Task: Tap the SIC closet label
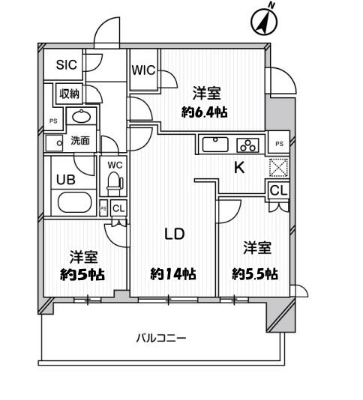click(x=67, y=65)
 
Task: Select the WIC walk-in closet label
click(x=142, y=70)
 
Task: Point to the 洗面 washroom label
click(x=80, y=140)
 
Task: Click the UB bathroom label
click(x=64, y=179)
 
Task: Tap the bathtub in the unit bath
click(x=73, y=202)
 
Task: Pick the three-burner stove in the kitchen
click(x=247, y=145)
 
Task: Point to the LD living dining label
click(x=174, y=233)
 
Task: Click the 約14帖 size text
click(x=173, y=274)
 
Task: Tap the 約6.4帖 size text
click(x=205, y=112)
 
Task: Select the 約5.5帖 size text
click(x=255, y=274)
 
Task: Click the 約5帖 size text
click(x=82, y=274)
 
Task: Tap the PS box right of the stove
click(x=279, y=143)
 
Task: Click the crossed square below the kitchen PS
click(x=278, y=168)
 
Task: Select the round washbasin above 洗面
click(x=79, y=116)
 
